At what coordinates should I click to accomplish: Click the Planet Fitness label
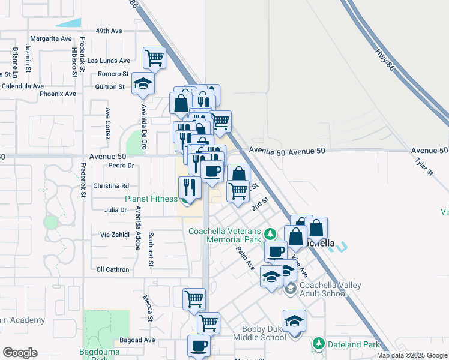151,199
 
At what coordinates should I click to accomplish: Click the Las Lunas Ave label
109,61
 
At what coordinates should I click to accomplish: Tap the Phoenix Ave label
58,94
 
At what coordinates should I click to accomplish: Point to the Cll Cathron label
113,269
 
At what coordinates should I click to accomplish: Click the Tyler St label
424,167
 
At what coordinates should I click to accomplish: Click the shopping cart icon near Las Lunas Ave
155,58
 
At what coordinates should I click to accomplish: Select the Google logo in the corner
20,353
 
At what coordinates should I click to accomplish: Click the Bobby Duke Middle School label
264,333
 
